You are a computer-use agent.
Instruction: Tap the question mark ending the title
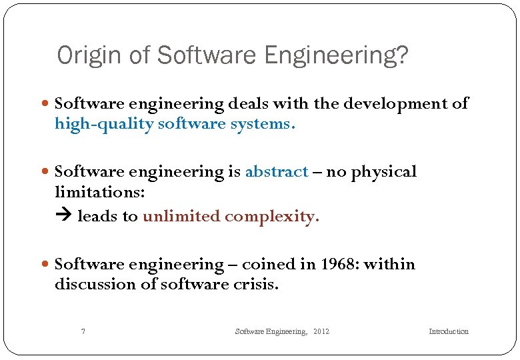(x=401, y=56)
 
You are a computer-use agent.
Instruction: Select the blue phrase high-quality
(x=104, y=125)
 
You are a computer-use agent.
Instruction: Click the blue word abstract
(x=277, y=172)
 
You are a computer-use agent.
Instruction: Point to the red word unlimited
(x=181, y=217)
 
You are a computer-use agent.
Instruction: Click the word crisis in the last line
(x=257, y=284)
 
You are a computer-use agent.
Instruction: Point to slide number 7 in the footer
(x=83, y=331)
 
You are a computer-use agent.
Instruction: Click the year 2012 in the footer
(x=321, y=331)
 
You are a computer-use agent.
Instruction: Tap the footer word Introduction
(x=449, y=331)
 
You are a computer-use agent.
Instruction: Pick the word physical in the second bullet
(x=384, y=172)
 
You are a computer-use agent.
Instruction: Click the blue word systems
(x=265, y=125)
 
